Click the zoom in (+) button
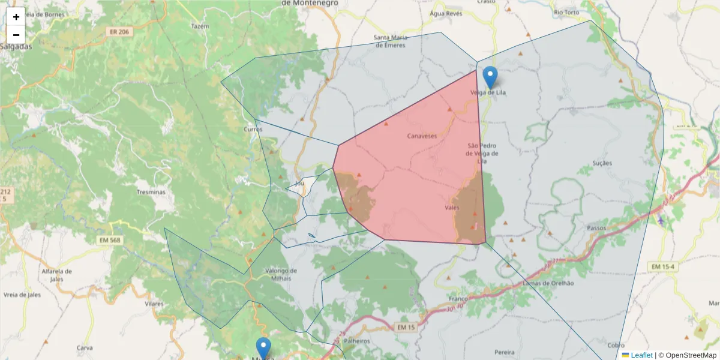click(x=16, y=17)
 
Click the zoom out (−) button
click(x=16, y=35)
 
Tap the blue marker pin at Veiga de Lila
click(x=491, y=77)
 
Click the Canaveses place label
click(x=422, y=136)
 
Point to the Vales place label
click(x=452, y=208)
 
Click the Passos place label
click(x=597, y=228)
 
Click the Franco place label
click(x=458, y=298)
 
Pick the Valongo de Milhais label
click(x=281, y=274)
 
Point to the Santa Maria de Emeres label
click(x=391, y=41)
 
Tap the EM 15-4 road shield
click(x=662, y=266)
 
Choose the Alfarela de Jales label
click(x=57, y=274)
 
